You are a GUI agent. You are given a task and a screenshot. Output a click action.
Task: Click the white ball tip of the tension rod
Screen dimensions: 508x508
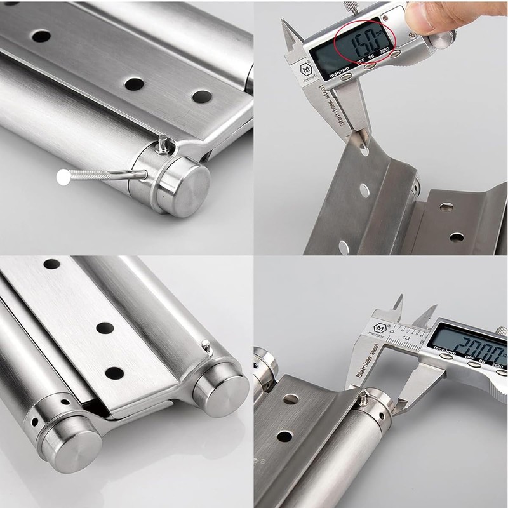(x=63, y=178)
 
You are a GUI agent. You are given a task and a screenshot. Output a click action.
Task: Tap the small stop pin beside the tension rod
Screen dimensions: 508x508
(x=163, y=144)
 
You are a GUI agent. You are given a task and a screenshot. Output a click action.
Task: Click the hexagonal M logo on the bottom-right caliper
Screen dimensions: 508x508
(x=380, y=328)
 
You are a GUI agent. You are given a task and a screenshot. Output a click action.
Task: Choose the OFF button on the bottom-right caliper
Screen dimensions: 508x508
(x=471, y=366)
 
